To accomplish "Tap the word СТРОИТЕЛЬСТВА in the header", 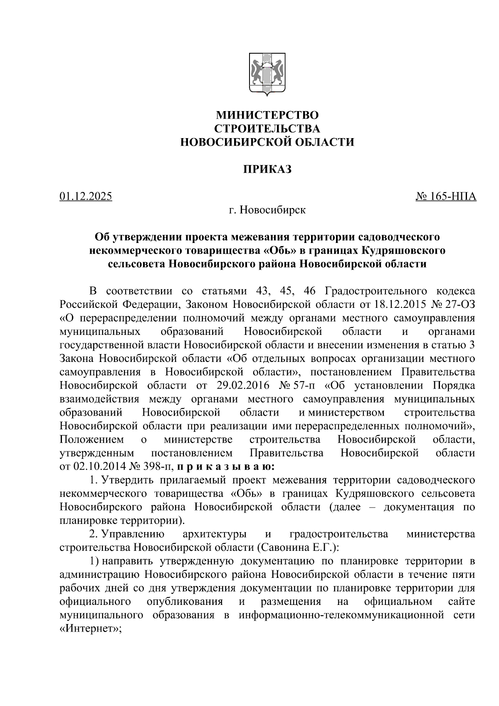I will click(267, 129).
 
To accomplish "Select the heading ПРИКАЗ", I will click(267, 169).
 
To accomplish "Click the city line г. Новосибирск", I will click(267, 210).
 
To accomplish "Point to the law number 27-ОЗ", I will click(459, 304).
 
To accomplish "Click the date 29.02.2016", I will click(240, 385).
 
